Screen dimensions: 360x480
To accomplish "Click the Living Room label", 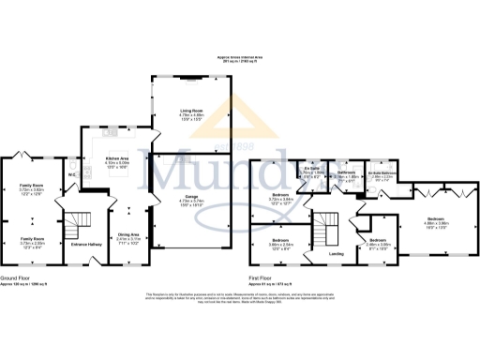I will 191,114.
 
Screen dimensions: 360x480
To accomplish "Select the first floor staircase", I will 324,228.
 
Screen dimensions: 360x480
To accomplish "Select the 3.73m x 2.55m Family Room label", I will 32,243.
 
